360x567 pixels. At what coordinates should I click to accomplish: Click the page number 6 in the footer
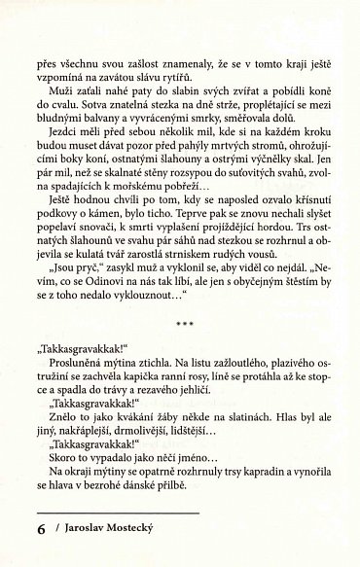(40, 530)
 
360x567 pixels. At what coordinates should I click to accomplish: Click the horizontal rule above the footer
(116, 512)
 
